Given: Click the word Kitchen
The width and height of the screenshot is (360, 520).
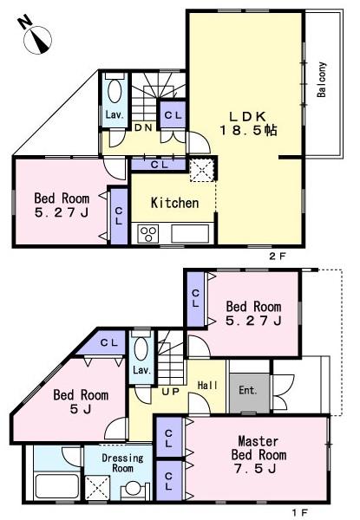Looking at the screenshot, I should [x=175, y=203].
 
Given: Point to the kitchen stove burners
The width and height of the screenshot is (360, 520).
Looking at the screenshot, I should [x=148, y=233].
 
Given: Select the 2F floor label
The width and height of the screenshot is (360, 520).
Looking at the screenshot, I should [x=277, y=257].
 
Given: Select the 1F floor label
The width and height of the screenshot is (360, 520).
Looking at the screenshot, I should [x=300, y=512].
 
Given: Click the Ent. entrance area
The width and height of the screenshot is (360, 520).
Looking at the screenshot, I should [x=248, y=390].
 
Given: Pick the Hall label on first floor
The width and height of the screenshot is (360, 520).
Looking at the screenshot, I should [x=207, y=385].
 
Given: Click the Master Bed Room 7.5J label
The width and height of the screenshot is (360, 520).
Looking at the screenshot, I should [x=258, y=454].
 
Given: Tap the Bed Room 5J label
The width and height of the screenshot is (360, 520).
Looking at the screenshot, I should [x=80, y=402].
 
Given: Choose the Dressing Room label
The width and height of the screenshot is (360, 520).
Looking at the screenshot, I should [x=115, y=462].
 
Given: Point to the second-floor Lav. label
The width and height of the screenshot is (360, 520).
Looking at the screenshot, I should [x=114, y=114].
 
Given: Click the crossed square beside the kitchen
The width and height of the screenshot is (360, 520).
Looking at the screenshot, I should [x=205, y=169].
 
